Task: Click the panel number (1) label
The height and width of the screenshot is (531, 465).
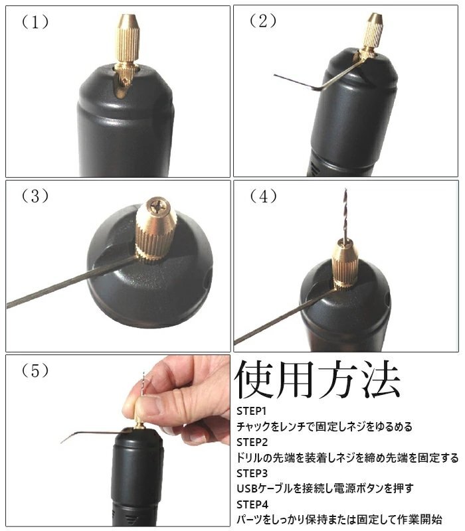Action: click(x=35, y=23)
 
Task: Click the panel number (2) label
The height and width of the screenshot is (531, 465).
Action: click(x=262, y=21)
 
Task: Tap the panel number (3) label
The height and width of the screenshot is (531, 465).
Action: click(x=35, y=196)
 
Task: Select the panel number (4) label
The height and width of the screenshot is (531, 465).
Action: click(x=262, y=196)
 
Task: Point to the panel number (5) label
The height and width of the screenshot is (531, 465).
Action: click(x=35, y=371)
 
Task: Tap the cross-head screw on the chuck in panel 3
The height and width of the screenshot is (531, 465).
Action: click(x=157, y=206)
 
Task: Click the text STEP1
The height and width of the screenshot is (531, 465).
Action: click(x=252, y=411)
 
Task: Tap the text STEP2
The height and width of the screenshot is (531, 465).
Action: click(x=252, y=442)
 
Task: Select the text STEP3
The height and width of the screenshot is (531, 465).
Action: click(x=252, y=473)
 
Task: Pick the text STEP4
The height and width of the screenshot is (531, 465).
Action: click(x=252, y=504)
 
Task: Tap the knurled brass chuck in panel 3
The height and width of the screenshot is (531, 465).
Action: click(x=155, y=230)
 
